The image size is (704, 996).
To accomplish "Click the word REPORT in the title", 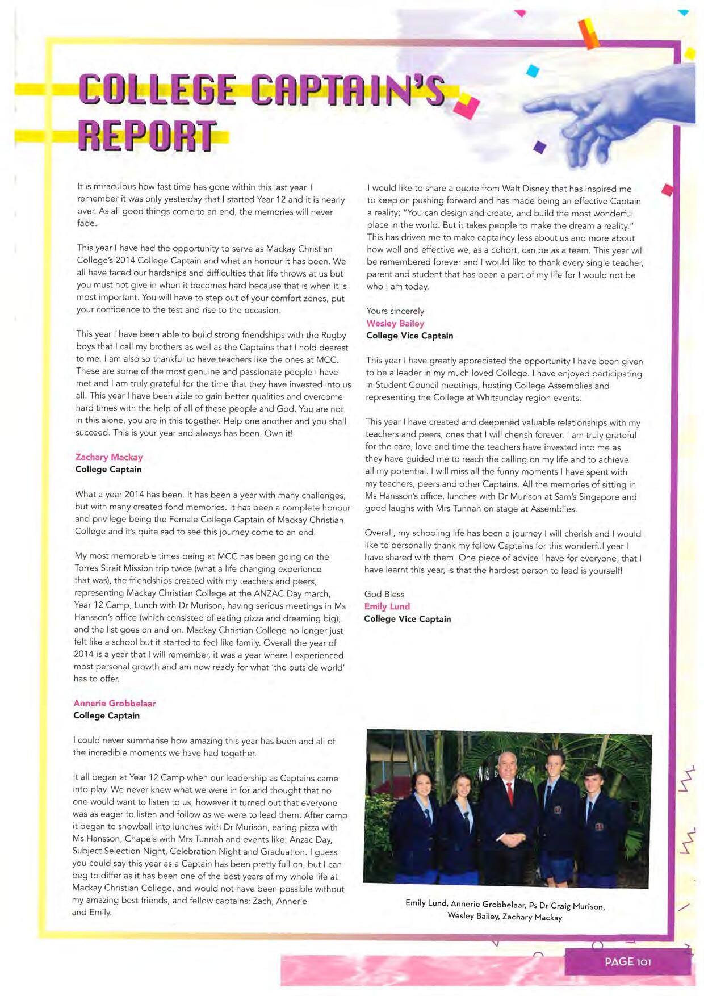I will pos(146,136).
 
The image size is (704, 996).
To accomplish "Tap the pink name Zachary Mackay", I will pos(108,457).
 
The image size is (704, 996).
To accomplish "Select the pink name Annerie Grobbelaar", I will pos(114,703).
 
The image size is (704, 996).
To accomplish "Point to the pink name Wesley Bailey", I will pos(395,323).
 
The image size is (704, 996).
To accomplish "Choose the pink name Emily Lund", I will pos(387,606).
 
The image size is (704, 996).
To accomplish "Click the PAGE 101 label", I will pos(627,961).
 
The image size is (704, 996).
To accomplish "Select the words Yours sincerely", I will pos(395,311).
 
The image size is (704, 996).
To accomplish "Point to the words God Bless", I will pos(384,594).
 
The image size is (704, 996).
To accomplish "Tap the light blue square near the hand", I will pos(532,71).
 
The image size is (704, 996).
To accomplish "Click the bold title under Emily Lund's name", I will pos(407,619).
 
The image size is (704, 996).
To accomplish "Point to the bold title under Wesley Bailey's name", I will pos(409,336).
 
